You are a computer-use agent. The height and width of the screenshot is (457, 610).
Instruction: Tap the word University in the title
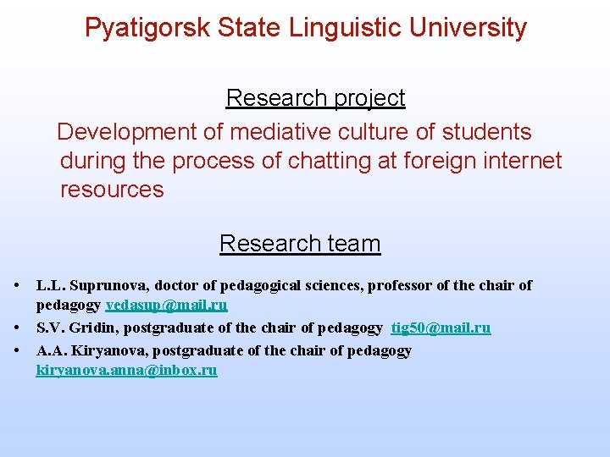click(x=468, y=28)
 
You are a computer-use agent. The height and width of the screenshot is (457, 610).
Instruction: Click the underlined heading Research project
click(x=315, y=98)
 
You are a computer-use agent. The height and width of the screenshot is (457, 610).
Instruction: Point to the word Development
click(x=127, y=132)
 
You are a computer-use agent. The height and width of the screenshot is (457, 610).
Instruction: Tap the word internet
click(x=521, y=161)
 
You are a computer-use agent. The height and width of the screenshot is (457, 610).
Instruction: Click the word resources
click(x=112, y=190)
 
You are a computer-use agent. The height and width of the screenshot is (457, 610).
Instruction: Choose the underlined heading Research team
click(x=300, y=244)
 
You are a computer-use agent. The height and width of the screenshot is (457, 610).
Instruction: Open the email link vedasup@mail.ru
click(x=166, y=306)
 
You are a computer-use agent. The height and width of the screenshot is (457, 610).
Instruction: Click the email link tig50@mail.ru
click(x=441, y=328)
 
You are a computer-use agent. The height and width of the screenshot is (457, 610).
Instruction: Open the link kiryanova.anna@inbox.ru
click(x=126, y=371)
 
